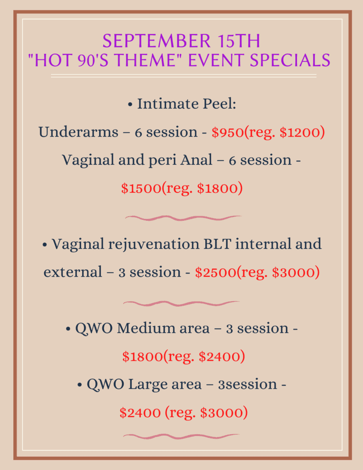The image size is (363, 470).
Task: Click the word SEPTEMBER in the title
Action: (157, 41)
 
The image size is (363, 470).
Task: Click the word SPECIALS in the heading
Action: (290, 60)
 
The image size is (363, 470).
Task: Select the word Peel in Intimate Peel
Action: (219, 104)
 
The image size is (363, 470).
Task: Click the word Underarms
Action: (78, 132)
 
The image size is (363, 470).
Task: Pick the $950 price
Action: (228, 132)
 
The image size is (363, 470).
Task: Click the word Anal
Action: (196, 160)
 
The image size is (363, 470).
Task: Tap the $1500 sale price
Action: (141, 188)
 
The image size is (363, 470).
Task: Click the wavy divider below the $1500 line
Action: (183, 218)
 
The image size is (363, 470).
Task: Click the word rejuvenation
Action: (154, 244)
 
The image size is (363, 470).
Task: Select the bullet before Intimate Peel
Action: (130, 105)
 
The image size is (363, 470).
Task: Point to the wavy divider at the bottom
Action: (181, 436)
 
